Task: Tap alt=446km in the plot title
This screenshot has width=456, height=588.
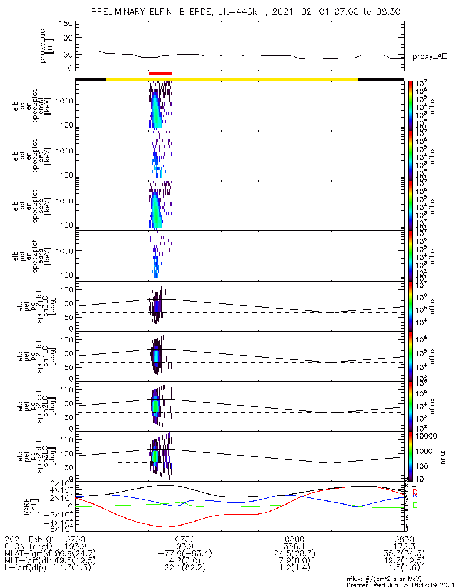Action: [220, 12]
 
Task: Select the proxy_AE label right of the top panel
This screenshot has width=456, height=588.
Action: [429, 56]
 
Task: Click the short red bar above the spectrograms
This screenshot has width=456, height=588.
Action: [161, 73]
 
